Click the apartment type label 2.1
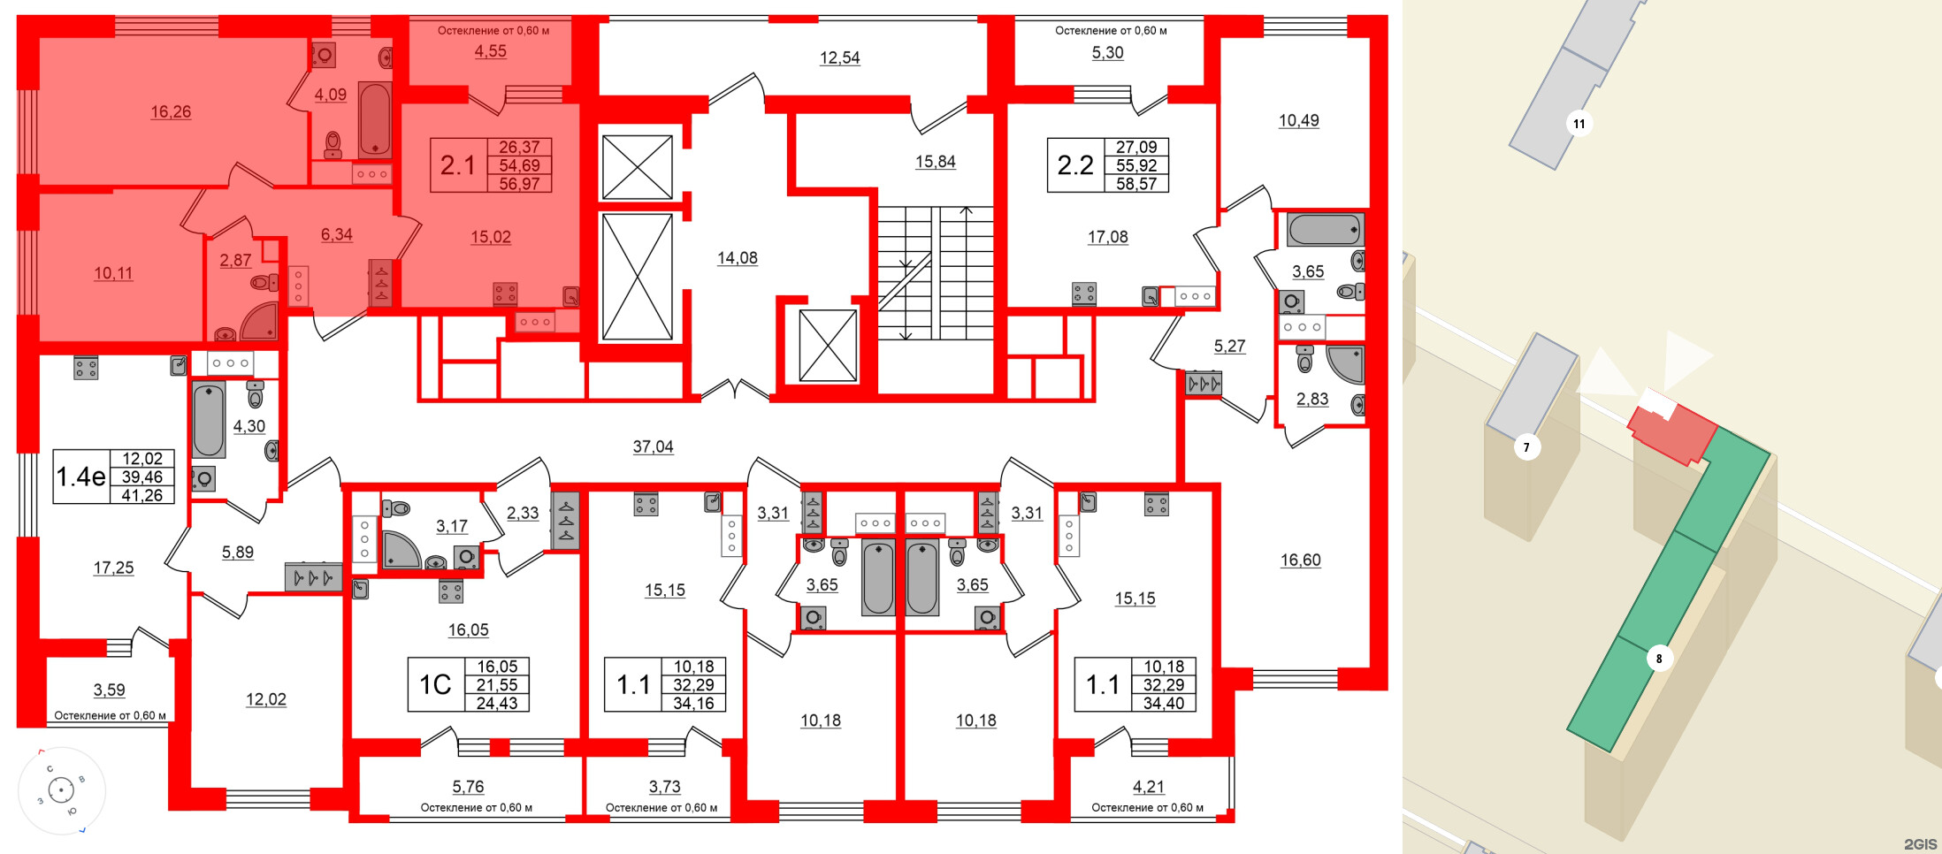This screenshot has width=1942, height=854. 457,165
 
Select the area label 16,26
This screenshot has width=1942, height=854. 171,112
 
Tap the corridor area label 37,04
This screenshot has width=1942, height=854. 653,447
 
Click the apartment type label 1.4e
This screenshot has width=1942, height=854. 80,477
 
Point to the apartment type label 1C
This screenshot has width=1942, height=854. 434,685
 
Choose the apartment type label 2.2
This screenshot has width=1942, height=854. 1074,165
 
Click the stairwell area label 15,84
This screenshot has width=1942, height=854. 935,162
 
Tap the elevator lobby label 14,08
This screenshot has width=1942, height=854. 737,258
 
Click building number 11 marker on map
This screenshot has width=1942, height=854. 1579,124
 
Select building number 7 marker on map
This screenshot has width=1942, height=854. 1525,447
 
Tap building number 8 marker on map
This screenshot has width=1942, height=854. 1658,659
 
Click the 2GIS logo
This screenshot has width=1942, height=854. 1920,844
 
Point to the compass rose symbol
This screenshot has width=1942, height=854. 61,789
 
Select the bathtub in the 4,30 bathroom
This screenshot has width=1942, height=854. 209,420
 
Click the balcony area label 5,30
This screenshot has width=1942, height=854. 1107,53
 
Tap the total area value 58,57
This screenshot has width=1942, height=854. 1135,184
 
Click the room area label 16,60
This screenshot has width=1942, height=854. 1300,560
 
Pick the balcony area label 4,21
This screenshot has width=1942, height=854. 1148,787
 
